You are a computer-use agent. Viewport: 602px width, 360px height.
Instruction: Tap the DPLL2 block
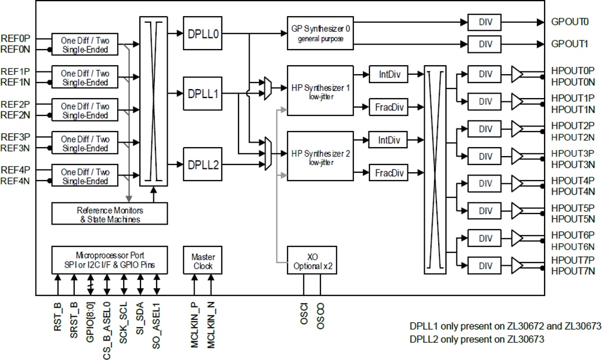pyautogui.click(x=202, y=165)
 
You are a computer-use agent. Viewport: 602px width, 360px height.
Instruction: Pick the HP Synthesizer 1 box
pyautogui.click(x=320, y=90)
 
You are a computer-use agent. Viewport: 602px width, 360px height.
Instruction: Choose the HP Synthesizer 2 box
pyautogui.click(x=320, y=156)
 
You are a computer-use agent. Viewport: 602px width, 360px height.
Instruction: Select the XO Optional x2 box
pyautogui.click(x=313, y=261)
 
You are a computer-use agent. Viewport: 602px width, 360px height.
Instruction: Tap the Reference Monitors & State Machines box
pyautogui.click(x=109, y=214)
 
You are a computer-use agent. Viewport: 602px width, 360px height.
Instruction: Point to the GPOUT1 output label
pyautogui.click(x=569, y=43)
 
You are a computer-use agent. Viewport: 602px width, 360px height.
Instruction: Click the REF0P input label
pyautogui.click(x=16, y=39)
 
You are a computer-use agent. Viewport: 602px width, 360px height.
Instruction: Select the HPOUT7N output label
pyautogui.click(x=572, y=271)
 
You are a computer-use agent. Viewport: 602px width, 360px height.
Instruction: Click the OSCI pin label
pyautogui.click(x=304, y=316)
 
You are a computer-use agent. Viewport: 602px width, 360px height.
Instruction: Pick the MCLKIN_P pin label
pyautogui.click(x=195, y=327)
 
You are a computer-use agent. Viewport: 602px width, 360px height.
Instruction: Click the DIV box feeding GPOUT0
pyautogui.click(x=484, y=23)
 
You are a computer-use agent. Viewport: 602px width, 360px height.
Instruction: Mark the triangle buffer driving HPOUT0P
pyautogui.click(x=517, y=74)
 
